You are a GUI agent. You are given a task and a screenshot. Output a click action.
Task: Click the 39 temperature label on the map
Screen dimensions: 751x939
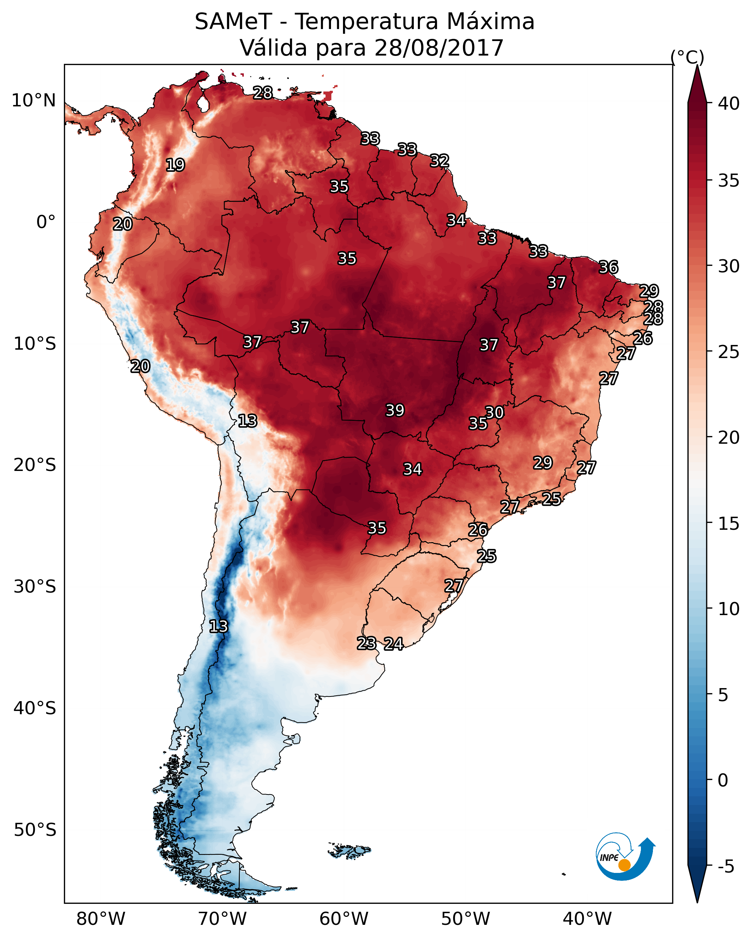[395, 410]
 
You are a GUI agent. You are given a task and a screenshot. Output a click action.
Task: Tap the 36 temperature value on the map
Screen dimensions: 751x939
[609, 267]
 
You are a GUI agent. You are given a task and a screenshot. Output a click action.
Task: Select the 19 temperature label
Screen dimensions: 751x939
[175, 165]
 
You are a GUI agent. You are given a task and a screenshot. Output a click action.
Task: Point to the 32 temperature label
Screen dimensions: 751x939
[439, 161]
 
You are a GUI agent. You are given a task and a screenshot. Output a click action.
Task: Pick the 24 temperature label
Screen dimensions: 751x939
[393, 644]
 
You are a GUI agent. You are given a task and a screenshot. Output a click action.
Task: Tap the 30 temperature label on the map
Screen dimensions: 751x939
[494, 412]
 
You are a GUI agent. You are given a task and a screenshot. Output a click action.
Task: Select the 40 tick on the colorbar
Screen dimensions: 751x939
[729, 103]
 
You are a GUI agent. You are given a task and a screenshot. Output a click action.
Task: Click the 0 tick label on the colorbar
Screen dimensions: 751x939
[723, 780]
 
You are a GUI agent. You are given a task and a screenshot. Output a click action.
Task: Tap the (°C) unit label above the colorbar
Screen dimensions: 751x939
[687, 57]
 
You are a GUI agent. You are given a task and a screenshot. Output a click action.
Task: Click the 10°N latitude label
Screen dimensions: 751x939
[33, 101]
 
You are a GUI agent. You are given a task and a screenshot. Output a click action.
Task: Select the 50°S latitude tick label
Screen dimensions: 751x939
[35, 830]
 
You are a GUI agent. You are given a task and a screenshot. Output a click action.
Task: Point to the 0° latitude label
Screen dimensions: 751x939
[46, 222]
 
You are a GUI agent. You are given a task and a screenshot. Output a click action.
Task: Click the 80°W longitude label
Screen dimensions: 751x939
[101, 919]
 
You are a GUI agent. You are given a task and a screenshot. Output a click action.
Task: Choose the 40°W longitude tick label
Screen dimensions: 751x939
[587, 919]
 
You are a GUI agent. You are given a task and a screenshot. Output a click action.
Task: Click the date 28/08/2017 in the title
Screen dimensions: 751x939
[439, 48]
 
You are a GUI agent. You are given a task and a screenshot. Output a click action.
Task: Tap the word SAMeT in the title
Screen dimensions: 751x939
[234, 22]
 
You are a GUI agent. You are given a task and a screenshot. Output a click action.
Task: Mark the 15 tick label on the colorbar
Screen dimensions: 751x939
[729, 524]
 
